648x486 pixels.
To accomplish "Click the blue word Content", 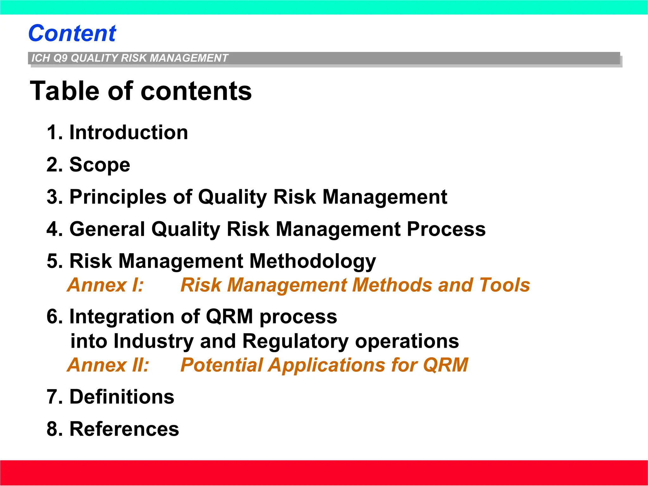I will [72, 33].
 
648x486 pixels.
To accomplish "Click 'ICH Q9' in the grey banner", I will [49, 58].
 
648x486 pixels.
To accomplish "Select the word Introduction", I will [128, 132].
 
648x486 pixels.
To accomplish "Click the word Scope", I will [100, 165].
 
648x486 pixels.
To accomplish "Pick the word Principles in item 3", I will [118, 197].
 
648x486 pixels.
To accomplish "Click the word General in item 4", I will [107, 229].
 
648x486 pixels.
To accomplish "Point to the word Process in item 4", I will [446, 229].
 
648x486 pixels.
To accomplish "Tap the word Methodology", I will [313, 262].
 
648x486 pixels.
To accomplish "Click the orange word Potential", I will [221, 365].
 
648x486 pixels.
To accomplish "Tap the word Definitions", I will [121, 397].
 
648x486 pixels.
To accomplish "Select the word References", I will [124, 429].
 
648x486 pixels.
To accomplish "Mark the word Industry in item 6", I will [153, 341].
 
